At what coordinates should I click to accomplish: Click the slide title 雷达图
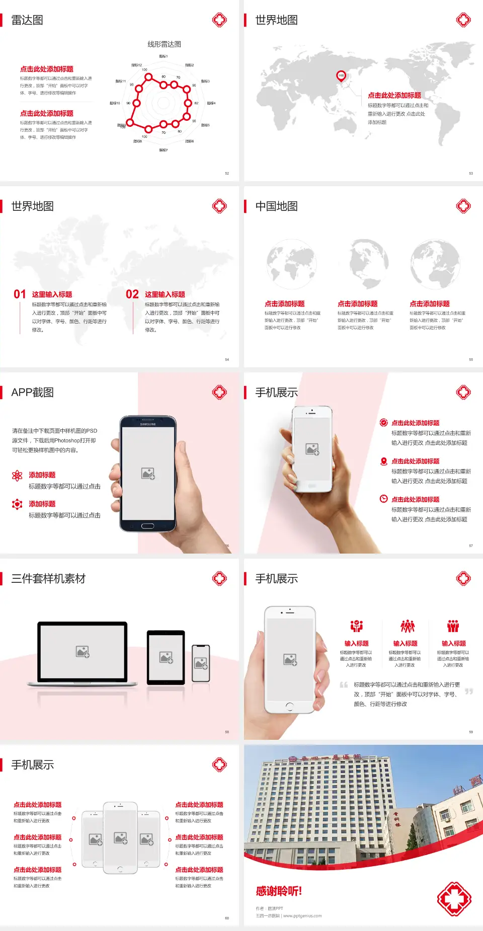[27, 20]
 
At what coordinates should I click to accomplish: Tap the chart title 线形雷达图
[164, 44]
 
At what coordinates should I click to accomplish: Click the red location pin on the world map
[341, 76]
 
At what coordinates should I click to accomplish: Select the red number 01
[20, 294]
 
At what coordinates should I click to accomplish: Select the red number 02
[132, 294]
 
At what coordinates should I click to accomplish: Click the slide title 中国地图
[276, 206]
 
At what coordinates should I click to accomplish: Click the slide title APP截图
[33, 393]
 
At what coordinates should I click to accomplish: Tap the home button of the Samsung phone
[147, 526]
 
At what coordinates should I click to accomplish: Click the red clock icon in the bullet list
[383, 499]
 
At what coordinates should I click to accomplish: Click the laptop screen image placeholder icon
[83, 652]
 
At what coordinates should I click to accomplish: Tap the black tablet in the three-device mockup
[166, 657]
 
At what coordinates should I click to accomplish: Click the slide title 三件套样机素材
[48, 579]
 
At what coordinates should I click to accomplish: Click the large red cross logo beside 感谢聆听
[454, 899]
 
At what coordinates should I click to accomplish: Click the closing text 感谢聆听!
[279, 891]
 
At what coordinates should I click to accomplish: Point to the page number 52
[227, 174]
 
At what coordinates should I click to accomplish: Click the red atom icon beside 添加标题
[17, 476]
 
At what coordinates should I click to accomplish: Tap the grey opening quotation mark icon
[344, 684]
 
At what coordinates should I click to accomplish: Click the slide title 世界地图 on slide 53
[276, 20]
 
